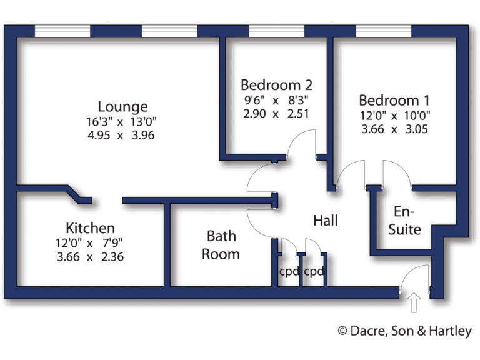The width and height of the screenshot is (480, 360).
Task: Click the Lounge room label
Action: point(122,106)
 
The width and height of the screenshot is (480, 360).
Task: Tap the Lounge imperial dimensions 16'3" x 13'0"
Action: point(122,121)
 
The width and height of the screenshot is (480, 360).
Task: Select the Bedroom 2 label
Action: point(276,85)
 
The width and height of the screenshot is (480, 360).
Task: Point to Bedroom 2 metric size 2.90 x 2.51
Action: point(276,114)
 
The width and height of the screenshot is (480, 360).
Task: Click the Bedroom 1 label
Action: point(394,100)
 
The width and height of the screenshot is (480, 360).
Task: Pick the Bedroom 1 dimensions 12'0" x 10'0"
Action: point(394,116)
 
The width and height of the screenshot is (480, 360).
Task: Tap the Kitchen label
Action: point(91,227)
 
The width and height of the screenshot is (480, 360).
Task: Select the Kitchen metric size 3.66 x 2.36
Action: point(91,256)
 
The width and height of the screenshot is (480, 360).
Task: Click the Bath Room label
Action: point(222,245)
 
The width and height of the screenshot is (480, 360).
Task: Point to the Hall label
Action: point(326,221)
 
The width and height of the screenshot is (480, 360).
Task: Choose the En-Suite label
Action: point(404,221)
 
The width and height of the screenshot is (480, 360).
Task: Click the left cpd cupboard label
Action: point(289,272)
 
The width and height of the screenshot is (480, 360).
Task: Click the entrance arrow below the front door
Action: point(414,304)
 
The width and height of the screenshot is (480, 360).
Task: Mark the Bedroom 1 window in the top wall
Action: point(384,31)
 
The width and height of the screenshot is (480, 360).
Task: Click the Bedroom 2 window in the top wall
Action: point(276,31)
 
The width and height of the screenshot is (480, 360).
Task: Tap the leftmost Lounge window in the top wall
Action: point(62,31)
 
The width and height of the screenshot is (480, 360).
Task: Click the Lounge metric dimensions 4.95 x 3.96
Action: point(122,135)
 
